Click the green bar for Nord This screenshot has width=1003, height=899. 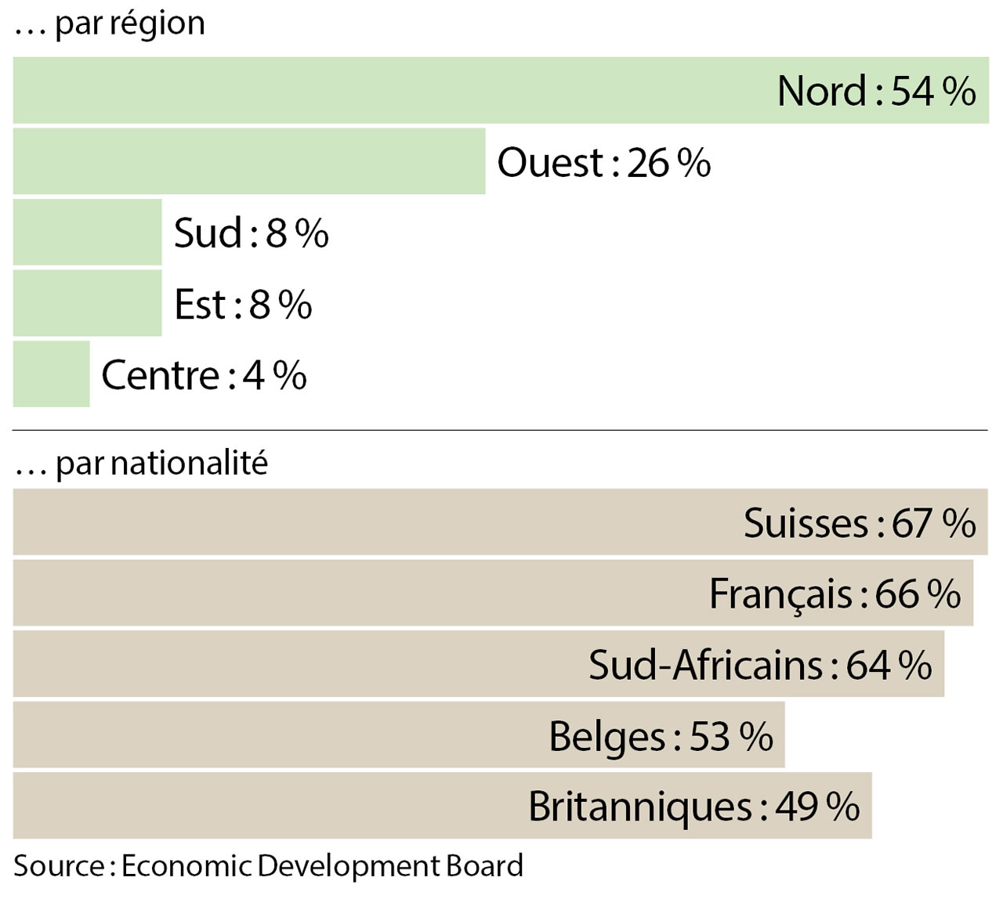[x=392, y=90]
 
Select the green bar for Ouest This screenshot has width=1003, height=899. [x=249, y=161]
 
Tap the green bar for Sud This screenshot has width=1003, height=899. [x=87, y=233]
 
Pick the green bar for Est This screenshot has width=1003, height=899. [x=87, y=304]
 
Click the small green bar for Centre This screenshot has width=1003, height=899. [x=51, y=374]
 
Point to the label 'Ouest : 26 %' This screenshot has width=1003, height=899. [x=603, y=163]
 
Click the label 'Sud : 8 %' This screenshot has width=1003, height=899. [x=251, y=233]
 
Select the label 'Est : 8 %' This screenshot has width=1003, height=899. [x=243, y=305]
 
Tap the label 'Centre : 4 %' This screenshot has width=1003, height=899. [x=204, y=375]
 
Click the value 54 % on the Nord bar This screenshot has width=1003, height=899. [x=932, y=91]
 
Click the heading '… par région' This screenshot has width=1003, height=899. [x=110, y=23]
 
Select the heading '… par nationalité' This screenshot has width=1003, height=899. [x=141, y=464]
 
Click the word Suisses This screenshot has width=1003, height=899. [x=806, y=523]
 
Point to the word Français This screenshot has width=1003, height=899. [x=780, y=594]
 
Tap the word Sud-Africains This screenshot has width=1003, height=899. [x=705, y=665]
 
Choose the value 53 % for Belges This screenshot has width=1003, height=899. [x=731, y=736]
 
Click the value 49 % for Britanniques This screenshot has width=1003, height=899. [x=817, y=807]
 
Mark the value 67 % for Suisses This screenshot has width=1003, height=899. [x=933, y=523]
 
